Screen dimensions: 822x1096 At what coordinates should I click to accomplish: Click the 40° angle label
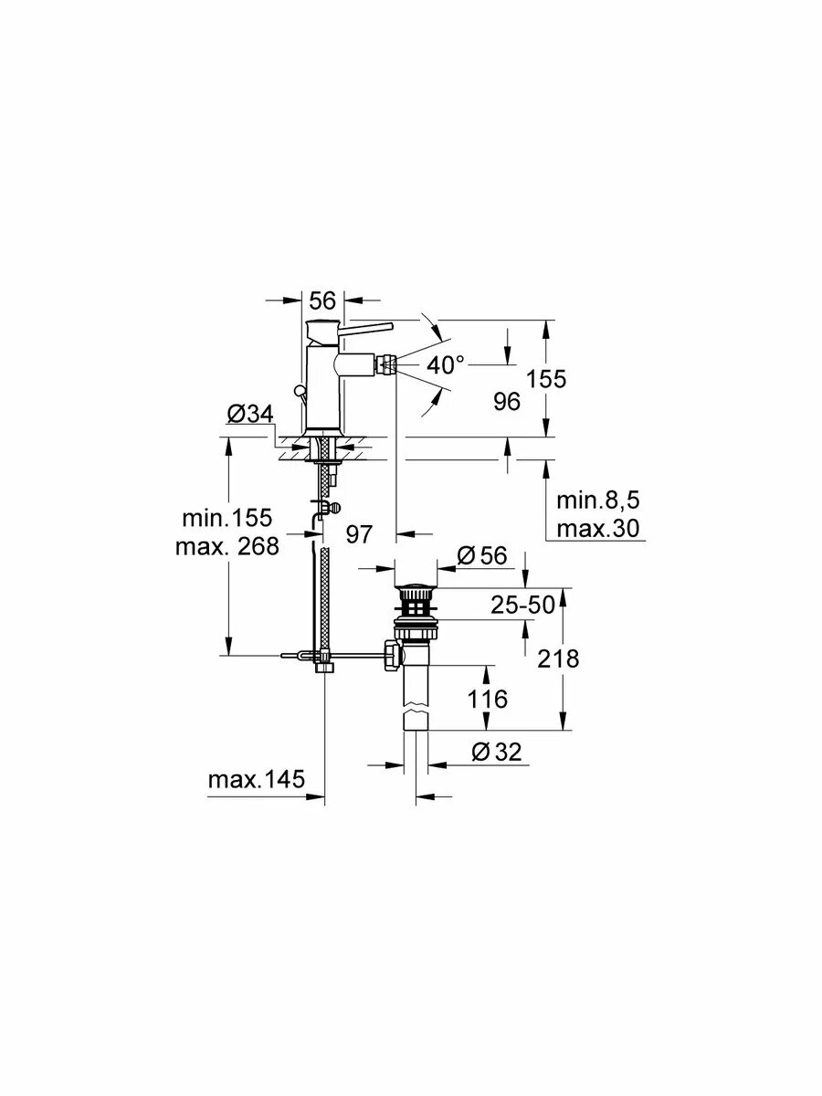click(447, 366)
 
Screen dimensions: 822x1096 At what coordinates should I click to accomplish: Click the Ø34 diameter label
click(249, 415)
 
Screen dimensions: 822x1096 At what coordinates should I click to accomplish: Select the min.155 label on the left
click(227, 519)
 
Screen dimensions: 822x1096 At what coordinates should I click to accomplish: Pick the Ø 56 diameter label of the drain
click(480, 556)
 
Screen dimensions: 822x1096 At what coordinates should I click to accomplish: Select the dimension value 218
click(558, 659)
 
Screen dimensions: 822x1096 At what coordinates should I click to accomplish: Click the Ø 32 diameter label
click(496, 752)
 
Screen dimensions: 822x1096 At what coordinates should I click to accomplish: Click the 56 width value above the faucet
click(322, 300)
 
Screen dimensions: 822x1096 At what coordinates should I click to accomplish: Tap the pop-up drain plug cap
click(416, 587)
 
